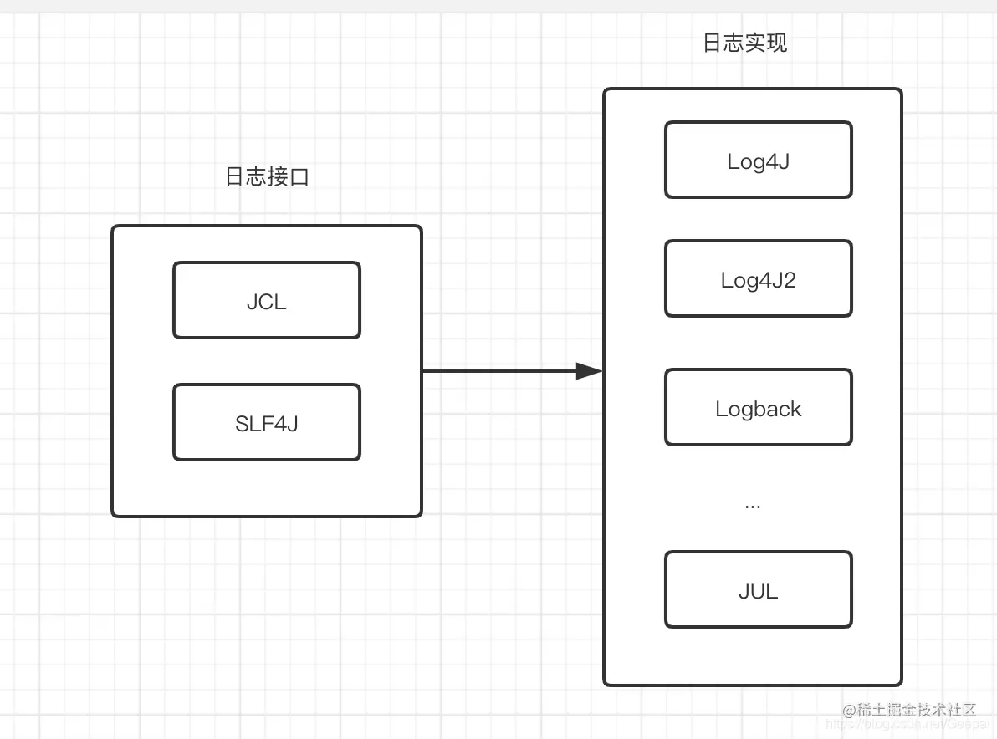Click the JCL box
pos(267,301)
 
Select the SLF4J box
pos(267,423)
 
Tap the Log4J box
pos(758,161)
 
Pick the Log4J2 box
pos(758,279)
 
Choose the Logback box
pos(758,408)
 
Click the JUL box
pos(758,590)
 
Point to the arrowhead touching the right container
pos(591,371)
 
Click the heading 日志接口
pos(267,177)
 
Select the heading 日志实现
pos(744,43)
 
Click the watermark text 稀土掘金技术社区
pos(915,711)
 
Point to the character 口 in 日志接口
pos(299,177)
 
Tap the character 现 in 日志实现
pos(777,43)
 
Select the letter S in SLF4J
pos(242,424)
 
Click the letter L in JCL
pos(280,302)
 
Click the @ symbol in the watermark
pos(847,711)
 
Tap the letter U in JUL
pos(757,591)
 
